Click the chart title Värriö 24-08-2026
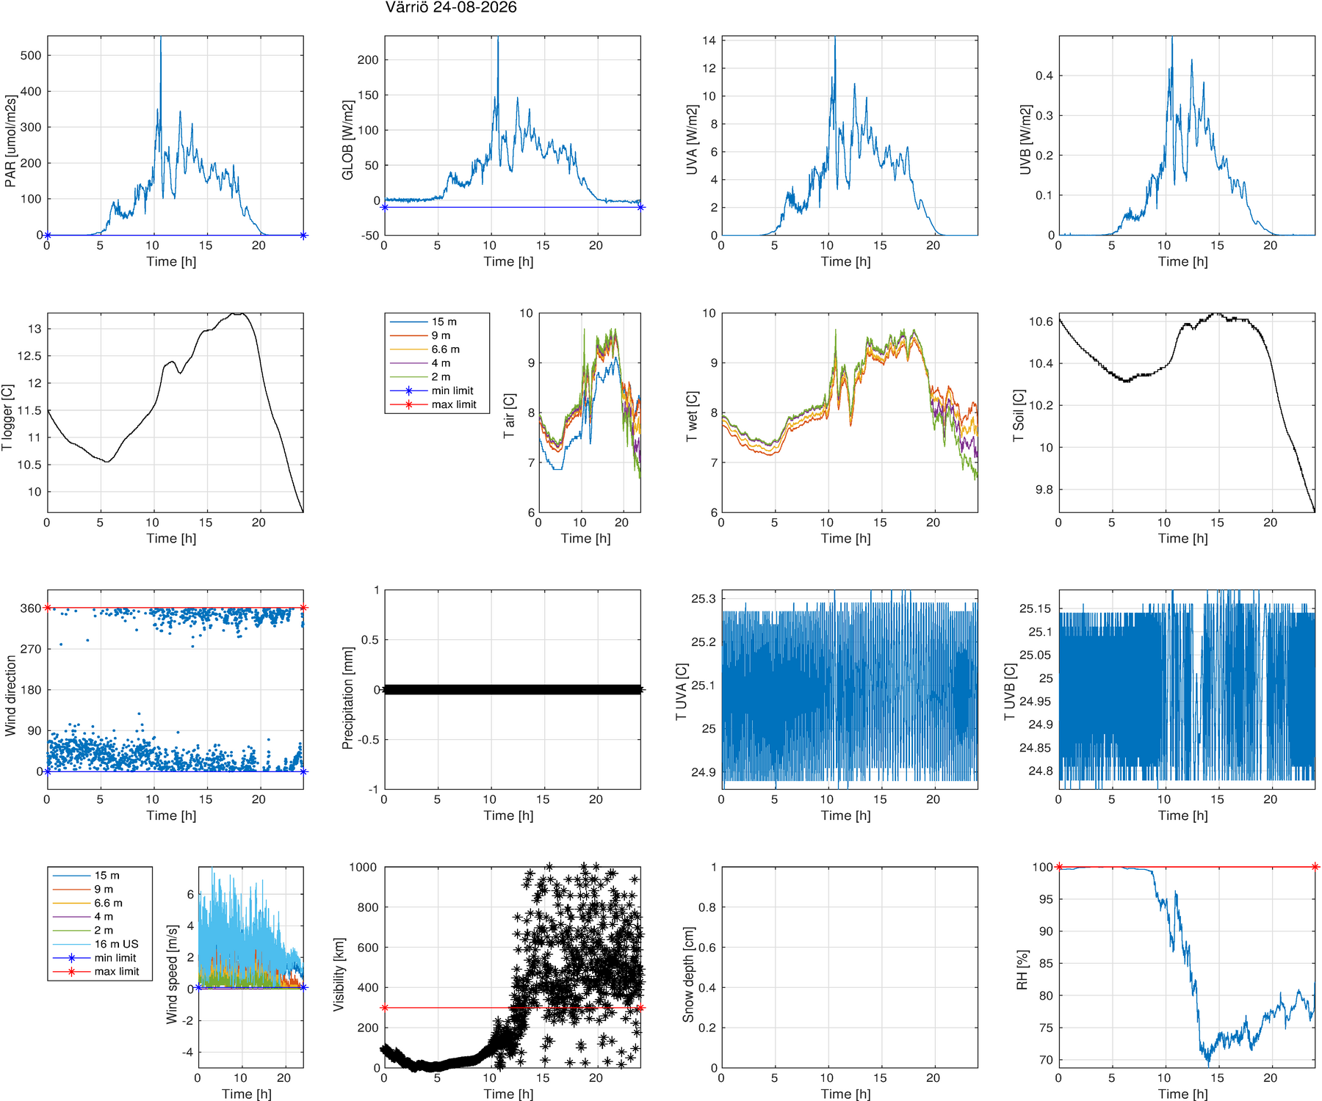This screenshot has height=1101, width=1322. (x=451, y=7)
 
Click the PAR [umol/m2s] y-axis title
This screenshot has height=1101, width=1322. (x=10, y=140)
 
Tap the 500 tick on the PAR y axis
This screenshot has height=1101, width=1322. (x=31, y=56)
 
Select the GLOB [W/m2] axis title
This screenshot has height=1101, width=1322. (x=347, y=140)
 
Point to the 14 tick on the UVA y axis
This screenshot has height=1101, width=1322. (x=709, y=40)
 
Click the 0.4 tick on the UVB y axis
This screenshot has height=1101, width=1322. (x=1044, y=76)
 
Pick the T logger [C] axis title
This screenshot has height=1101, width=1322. (x=7, y=418)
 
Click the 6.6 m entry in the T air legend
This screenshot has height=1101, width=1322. (x=446, y=349)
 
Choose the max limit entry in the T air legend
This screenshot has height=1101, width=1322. (x=454, y=404)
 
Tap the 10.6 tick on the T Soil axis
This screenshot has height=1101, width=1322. (x=1041, y=321)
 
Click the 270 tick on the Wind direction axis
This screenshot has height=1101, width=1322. (x=31, y=649)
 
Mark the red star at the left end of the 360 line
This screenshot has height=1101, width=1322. (x=48, y=608)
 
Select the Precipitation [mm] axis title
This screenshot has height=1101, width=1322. (x=347, y=697)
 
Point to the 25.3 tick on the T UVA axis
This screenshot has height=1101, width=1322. (x=704, y=599)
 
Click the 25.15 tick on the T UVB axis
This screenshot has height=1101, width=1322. (x=1036, y=608)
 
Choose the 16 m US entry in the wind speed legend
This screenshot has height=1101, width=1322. (x=116, y=944)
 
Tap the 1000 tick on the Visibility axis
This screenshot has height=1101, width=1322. (x=363, y=867)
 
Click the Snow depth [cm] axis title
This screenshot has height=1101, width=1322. (x=688, y=967)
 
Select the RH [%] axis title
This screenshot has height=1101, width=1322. (x=1022, y=970)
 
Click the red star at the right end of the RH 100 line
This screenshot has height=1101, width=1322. (x=1315, y=867)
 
